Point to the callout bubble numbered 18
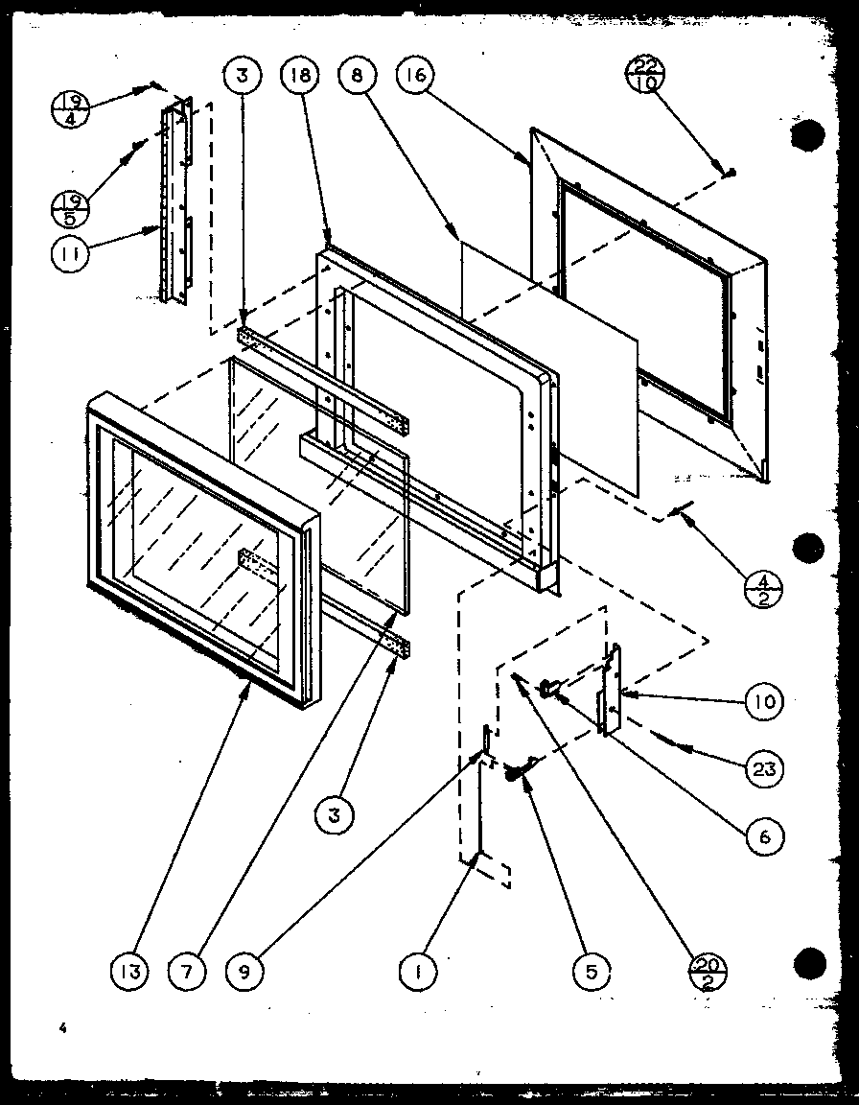pyautogui.click(x=299, y=78)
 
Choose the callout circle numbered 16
pyautogui.click(x=419, y=78)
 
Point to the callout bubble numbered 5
pyautogui.click(x=591, y=972)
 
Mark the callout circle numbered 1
pyautogui.click(x=419, y=972)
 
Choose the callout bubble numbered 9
pyautogui.click(x=245, y=972)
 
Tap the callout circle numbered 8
pyautogui.click(x=358, y=78)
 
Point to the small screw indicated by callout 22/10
pyautogui.click(x=731, y=172)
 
